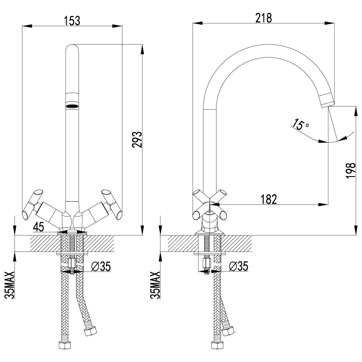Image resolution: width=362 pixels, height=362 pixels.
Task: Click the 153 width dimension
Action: tap(72, 21)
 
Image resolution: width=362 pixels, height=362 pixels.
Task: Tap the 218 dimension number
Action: tap(263, 18)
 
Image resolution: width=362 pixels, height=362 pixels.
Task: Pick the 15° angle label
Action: tap(300, 125)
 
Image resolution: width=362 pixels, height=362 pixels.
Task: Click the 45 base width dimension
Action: tap(38, 227)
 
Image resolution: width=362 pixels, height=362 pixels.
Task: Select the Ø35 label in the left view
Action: tap(101, 267)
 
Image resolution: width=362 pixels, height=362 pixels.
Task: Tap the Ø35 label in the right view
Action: tap(239, 267)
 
